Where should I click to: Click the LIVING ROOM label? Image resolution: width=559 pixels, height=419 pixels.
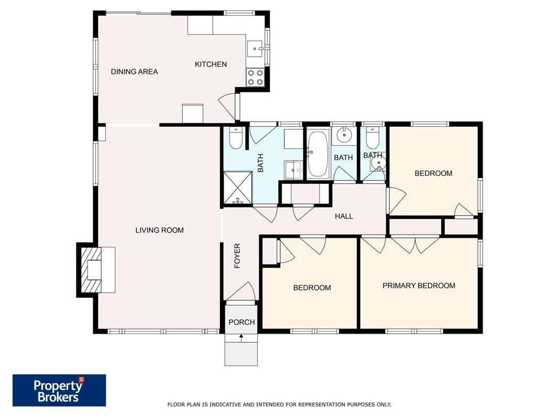(x=159, y=230)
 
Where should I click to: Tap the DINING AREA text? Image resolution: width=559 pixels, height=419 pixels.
(x=135, y=72)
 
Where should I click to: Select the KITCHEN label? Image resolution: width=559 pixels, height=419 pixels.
(x=211, y=64)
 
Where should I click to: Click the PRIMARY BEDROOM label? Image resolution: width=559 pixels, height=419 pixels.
(x=419, y=286)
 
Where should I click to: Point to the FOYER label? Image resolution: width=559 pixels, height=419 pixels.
(x=237, y=256)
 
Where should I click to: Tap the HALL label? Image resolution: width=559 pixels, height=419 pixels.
(x=344, y=216)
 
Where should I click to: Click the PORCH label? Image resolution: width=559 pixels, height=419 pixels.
(x=242, y=322)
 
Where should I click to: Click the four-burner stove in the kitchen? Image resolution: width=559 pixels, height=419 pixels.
(x=255, y=78)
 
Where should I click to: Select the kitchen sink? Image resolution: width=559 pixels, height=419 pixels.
(x=255, y=48)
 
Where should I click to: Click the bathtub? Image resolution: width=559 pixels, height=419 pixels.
(x=318, y=154)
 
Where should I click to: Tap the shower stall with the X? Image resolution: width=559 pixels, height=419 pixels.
(x=237, y=188)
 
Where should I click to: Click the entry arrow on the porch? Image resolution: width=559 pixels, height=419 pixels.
(x=242, y=338)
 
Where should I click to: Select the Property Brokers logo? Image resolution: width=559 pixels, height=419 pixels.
(x=59, y=390)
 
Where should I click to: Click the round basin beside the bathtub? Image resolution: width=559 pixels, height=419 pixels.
(x=344, y=134)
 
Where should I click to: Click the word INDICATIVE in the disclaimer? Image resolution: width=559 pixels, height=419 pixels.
(x=225, y=404)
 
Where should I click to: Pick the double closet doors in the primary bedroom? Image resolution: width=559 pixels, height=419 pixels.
(x=415, y=245)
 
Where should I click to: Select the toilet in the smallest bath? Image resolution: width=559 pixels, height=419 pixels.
(x=372, y=138)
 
